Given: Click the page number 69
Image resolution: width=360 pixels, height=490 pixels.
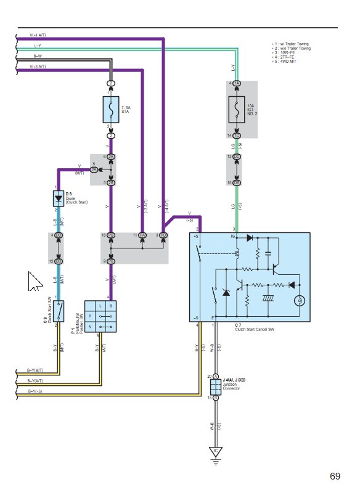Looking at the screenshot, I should pyautogui.click(x=335, y=476).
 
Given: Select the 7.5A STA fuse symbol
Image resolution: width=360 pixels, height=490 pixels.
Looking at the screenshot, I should pyautogui.click(x=111, y=109).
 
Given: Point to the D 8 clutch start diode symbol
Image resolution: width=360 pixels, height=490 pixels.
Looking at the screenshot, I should pyautogui.click(x=58, y=198).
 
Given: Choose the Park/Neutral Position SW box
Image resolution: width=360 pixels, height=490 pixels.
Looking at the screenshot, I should pyautogui.click(x=100, y=317).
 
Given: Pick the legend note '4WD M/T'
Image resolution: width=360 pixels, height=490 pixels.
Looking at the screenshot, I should pyautogui.click(x=288, y=60).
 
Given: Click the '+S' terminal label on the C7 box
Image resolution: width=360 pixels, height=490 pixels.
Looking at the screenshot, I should pyautogui.click(x=195, y=236).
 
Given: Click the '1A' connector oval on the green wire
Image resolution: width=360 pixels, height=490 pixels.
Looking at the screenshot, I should pyautogui.click(x=237, y=83).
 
